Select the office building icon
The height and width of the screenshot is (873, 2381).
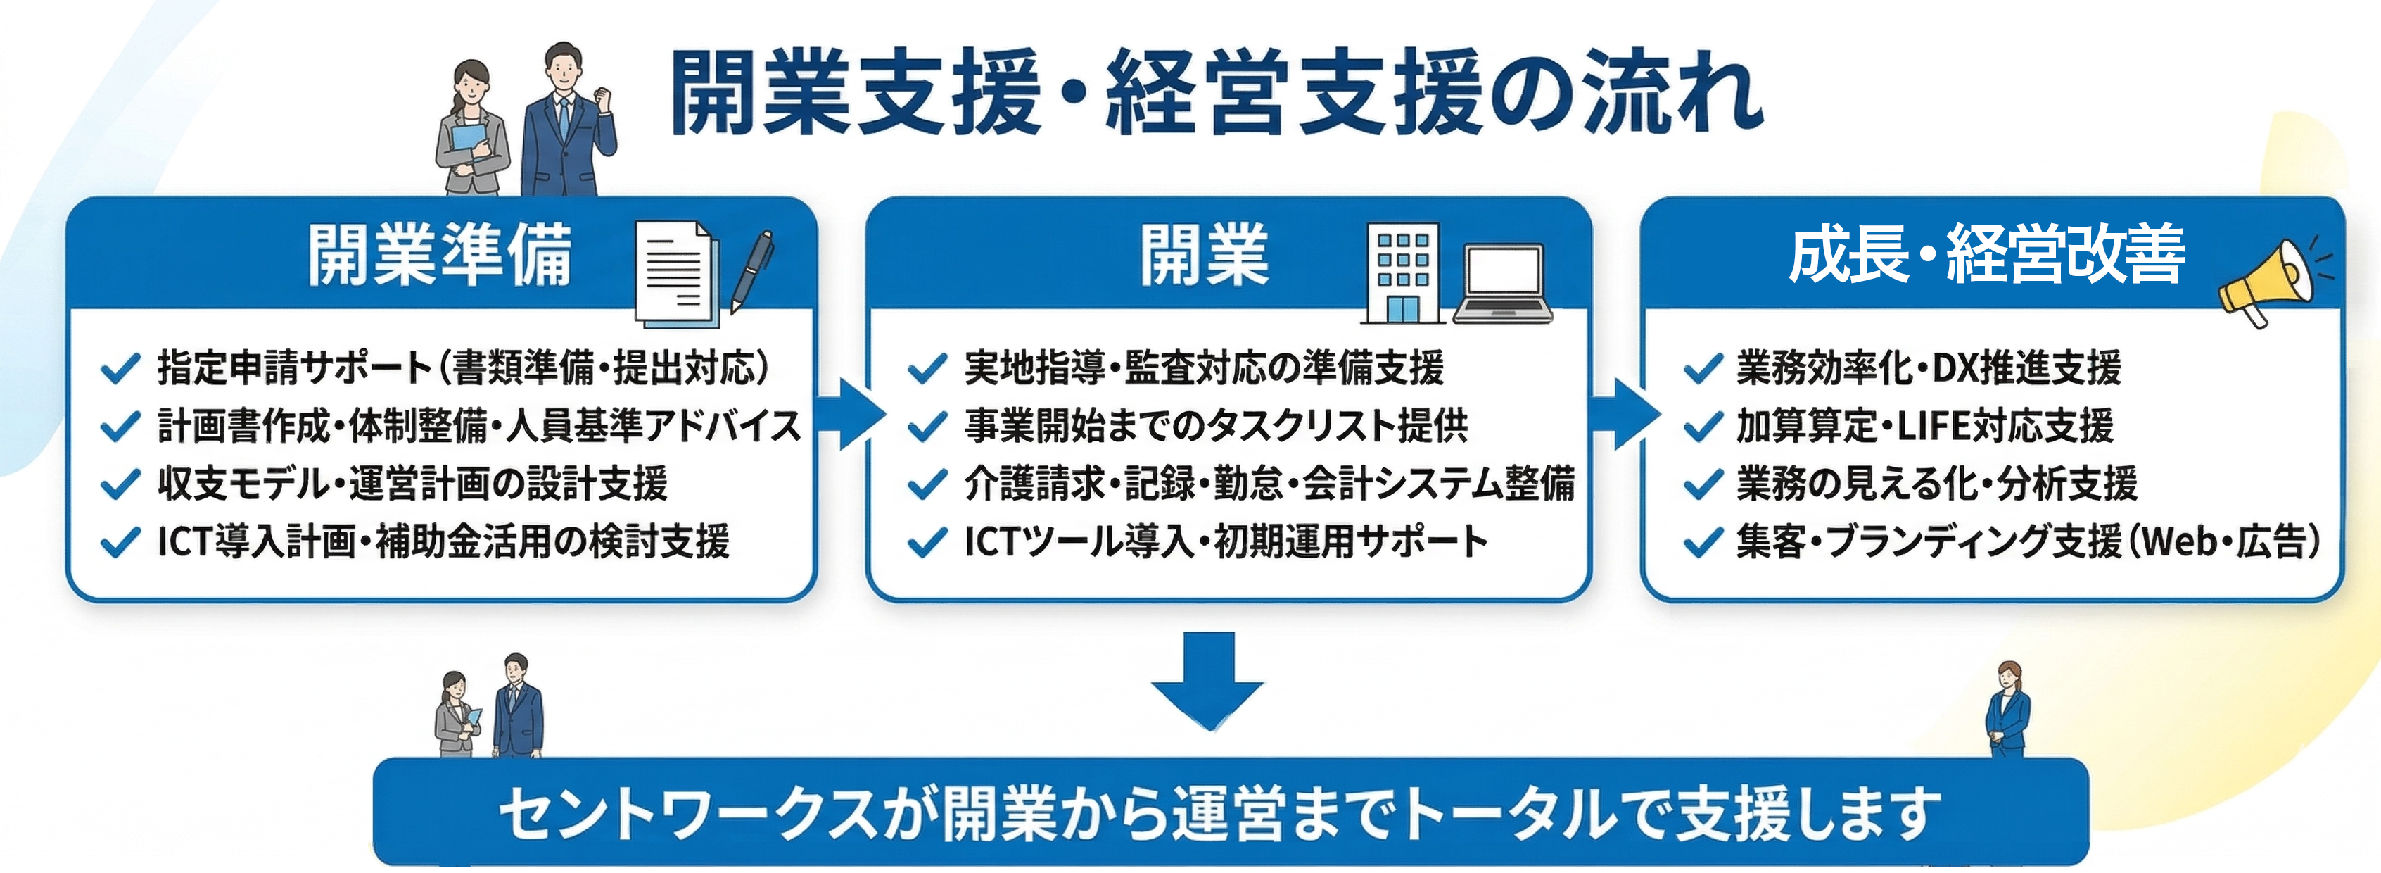(1402, 274)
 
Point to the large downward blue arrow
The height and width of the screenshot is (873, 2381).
(1207, 679)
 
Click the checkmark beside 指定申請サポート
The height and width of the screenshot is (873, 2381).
(120, 368)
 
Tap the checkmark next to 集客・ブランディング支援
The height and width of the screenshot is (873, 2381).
(1703, 542)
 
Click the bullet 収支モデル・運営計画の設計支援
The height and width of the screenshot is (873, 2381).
(412, 484)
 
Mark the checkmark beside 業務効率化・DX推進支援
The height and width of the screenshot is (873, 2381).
(1703, 368)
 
